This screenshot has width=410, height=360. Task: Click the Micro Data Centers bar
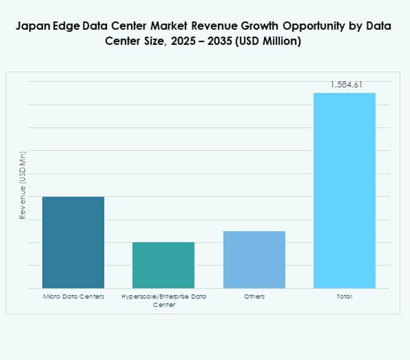(x=73, y=242)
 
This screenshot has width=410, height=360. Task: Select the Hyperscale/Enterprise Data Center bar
(x=164, y=265)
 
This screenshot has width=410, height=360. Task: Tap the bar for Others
(x=255, y=260)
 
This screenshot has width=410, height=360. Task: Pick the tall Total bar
(x=344, y=190)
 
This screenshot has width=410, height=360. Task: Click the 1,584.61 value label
(x=346, y=85)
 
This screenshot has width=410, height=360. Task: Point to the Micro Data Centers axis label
(x=73, y=296)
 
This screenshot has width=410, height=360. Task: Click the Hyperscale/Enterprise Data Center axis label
(x=164, y=300)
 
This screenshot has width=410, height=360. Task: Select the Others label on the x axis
(x=255, y=296)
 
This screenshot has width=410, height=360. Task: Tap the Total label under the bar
(x=344, y=296)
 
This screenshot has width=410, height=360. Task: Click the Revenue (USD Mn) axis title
(x=23, y=185)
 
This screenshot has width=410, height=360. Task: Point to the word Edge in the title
(x=67, y=27)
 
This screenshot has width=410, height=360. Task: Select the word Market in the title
(x=155, y=27)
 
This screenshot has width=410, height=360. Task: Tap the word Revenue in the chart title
(x=202, y=27)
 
